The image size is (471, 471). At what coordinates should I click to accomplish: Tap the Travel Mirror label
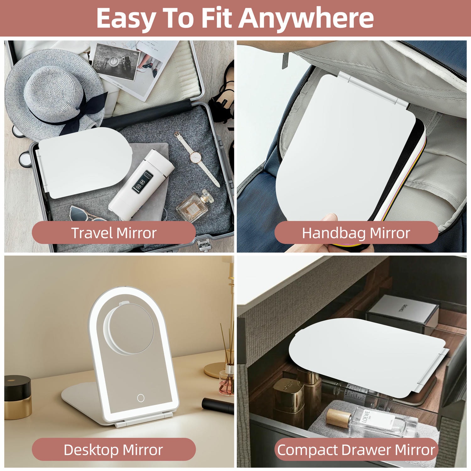click(114, 233)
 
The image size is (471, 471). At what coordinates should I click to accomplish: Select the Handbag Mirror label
click(356, 233)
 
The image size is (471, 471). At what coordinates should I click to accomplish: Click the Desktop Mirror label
click(113, 449)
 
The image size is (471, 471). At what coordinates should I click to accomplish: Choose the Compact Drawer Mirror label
click(356, 449)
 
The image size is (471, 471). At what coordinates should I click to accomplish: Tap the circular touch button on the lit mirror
click(141, 398)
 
